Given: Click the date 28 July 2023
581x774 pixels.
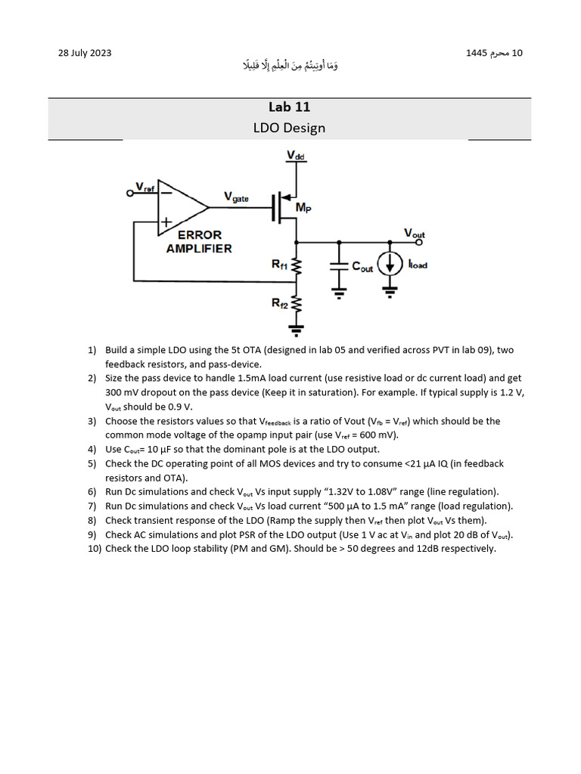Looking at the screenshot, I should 85,53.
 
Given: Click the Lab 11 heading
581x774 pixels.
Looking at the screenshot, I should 289,107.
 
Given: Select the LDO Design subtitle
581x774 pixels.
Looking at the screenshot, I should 289,128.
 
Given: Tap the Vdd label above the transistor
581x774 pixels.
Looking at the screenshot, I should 295,155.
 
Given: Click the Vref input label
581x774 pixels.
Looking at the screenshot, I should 144,187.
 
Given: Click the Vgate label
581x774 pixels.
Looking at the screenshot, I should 238,197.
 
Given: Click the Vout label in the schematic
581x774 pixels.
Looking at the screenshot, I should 415,234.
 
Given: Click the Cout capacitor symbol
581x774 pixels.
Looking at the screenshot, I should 339,267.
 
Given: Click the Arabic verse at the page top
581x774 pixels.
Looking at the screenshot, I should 289,67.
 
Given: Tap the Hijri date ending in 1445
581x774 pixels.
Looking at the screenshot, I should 495,53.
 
